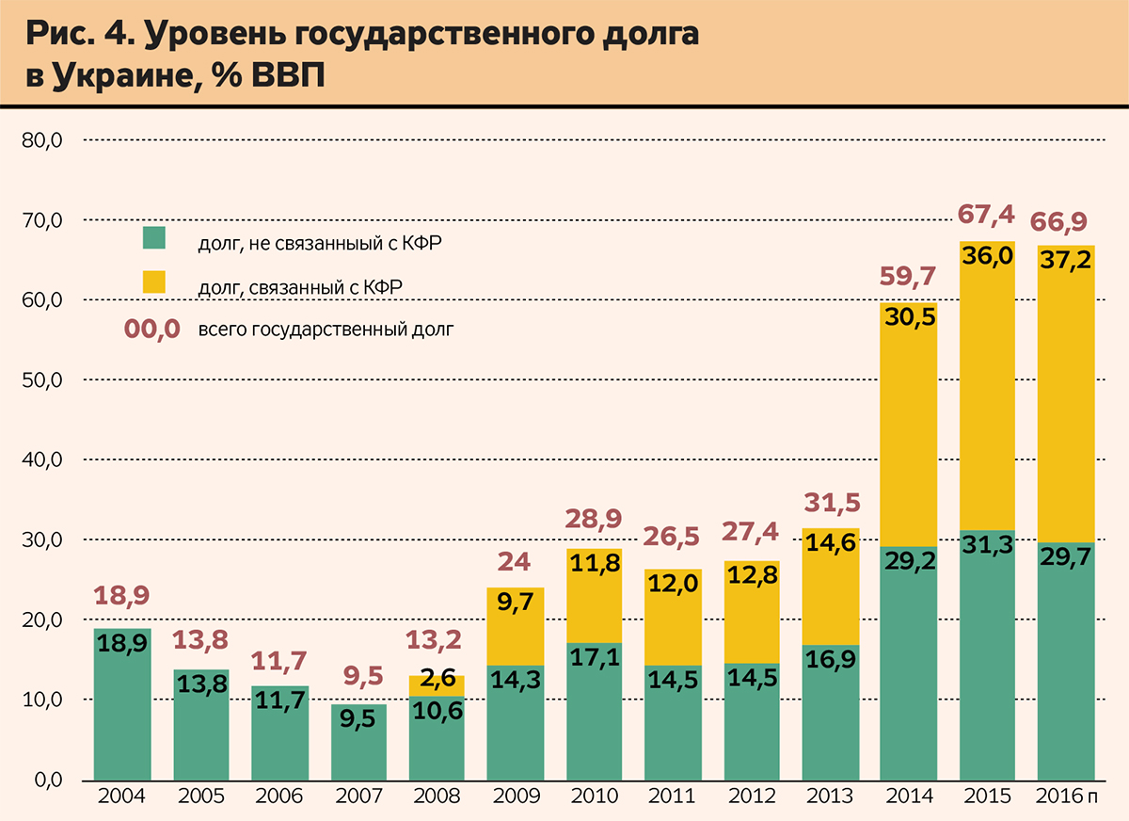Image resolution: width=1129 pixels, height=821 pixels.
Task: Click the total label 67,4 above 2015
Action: point(986,215)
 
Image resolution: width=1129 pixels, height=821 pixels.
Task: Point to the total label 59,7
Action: point(908,277)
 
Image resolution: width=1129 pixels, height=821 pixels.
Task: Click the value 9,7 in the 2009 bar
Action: point(516,605)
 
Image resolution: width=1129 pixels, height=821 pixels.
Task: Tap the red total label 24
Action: point(516,563)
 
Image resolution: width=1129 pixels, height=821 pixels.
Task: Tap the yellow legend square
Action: point(154,282)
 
